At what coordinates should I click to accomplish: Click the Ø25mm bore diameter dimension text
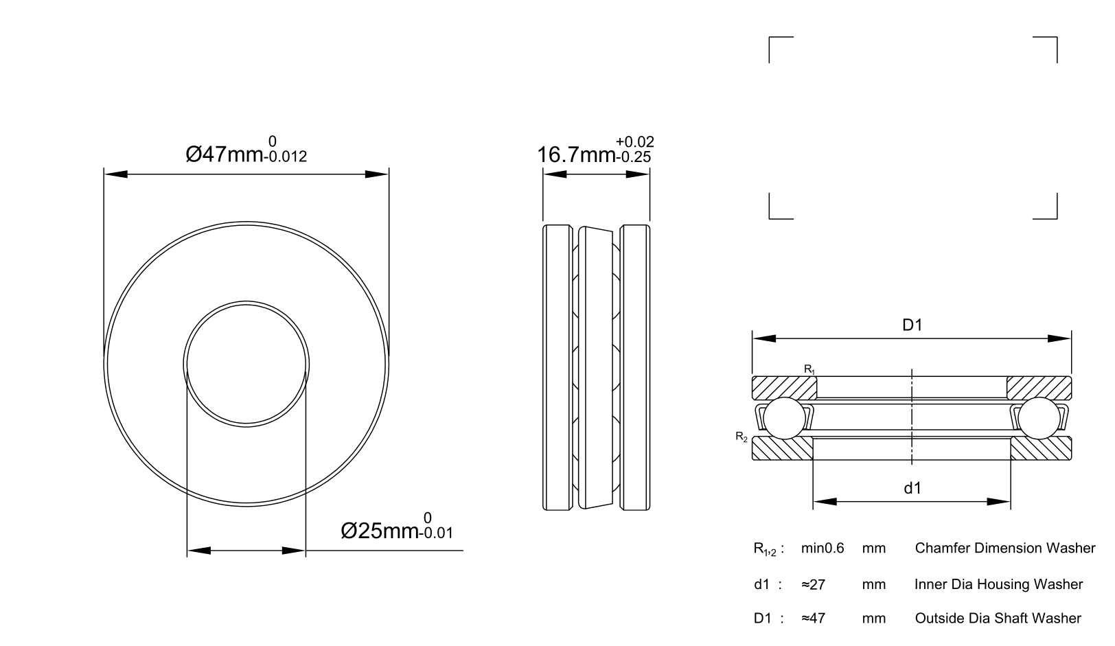(379, 531)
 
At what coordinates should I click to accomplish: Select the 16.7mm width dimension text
(577, 154)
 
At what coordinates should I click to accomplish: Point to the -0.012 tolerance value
(288, 157)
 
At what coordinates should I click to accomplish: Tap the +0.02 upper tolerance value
(634, 142)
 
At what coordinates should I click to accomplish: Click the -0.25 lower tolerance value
(634, 157)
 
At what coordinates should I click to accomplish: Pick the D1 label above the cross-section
(912, 325)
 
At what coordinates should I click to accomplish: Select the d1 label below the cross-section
(912, 488)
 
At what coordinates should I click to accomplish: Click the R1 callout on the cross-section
(809, 369)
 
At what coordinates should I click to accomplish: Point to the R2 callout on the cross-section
(742, 437)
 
